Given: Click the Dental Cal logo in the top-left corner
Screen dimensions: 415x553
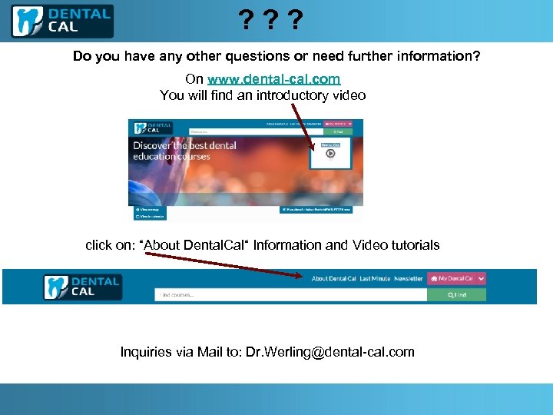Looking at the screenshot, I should [62, 21].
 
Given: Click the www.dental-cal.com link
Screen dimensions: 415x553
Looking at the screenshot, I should [273, 79].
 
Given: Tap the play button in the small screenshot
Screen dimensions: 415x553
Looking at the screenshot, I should [330, 153].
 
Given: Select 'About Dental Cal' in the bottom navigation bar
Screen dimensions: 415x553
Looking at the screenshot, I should [334, 279].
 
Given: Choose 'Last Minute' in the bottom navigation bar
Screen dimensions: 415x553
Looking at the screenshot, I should [375, 279].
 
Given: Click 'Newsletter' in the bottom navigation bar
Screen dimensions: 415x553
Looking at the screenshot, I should [409, 279].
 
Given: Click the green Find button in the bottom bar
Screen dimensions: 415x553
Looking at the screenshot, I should [458, 294].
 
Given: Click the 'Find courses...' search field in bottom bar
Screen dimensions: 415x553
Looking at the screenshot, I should [292, 294].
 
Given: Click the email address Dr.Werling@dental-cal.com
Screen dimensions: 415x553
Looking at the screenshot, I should [329, 352].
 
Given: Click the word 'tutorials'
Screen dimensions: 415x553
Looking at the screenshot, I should [415, 245].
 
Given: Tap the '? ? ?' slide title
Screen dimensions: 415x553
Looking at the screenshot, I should [269, 19].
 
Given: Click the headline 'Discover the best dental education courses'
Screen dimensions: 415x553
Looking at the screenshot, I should [184, 151].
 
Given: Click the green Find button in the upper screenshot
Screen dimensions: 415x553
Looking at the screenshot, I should [343, 131].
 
